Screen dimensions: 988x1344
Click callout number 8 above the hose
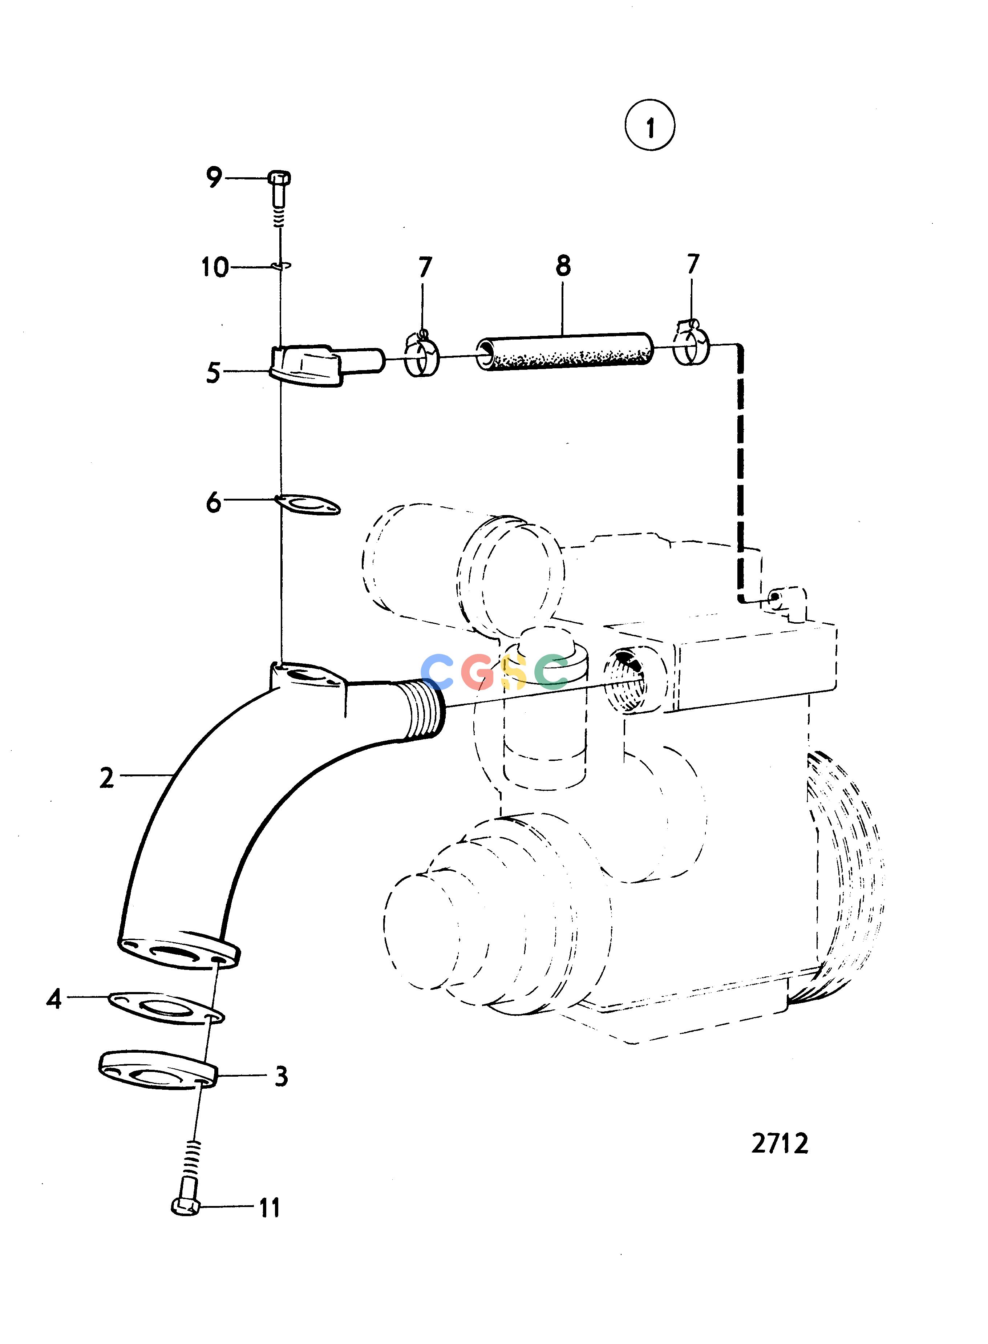[x=563, y=266]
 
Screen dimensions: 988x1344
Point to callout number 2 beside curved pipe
[x=106, y=778]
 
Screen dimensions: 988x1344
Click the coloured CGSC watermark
[x=494, y=671]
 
